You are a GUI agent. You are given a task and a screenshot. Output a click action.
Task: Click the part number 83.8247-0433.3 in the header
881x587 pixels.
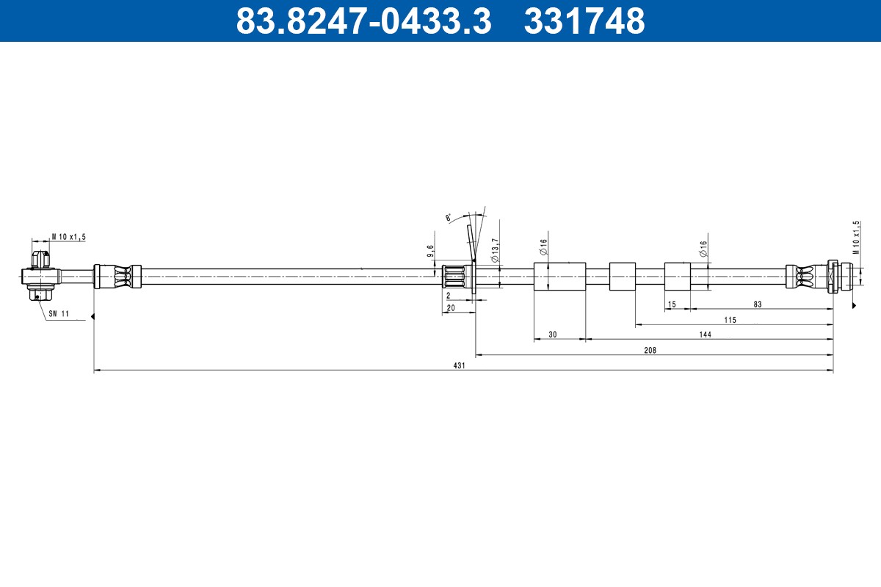[x=363, y=21]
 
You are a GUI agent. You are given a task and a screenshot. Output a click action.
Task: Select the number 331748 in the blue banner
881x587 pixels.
[x=584, y=21]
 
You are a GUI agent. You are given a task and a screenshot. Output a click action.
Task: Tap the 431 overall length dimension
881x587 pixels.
[x=460, y=365]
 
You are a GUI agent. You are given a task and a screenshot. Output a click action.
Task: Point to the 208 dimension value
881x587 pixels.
[x=649, y=350]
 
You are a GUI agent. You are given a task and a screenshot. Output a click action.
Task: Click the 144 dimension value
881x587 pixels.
[x=705, y=334]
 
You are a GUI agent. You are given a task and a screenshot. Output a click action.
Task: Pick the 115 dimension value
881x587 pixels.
[x=729, y=319]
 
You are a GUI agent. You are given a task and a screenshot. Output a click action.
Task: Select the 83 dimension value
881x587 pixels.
[x=758, y=304]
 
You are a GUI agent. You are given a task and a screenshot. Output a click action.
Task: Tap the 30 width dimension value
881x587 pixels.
[x=552, y=334]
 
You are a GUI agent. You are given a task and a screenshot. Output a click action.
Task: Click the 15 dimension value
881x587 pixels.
[x=671, y=304]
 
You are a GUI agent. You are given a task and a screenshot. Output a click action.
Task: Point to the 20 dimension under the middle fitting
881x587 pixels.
[x=451, y=308]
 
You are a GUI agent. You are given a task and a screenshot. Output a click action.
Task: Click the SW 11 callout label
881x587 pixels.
[x=59, y=313]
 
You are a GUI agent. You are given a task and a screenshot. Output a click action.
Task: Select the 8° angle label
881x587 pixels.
[x=449, y=217]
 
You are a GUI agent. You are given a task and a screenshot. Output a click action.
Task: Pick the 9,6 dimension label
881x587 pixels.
[x=431, y=252]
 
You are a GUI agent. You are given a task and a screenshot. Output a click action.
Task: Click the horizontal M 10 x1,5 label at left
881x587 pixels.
[x=68, y=236]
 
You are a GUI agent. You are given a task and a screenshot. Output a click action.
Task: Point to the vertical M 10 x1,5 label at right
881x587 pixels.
[x=855, y=236]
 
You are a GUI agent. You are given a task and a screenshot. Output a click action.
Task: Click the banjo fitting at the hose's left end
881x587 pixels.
[x=41, y=277]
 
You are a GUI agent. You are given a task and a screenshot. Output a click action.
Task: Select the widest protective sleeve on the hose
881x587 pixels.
[x=559, y=277]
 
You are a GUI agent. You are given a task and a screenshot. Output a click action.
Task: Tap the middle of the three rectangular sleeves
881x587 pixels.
[x=623, y=277]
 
